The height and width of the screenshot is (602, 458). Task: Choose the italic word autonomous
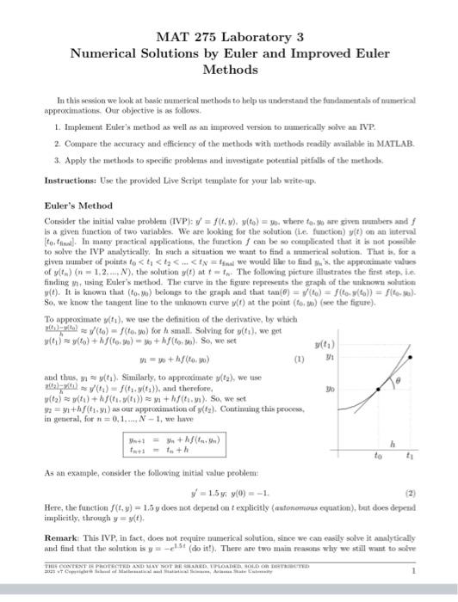point(285,509)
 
